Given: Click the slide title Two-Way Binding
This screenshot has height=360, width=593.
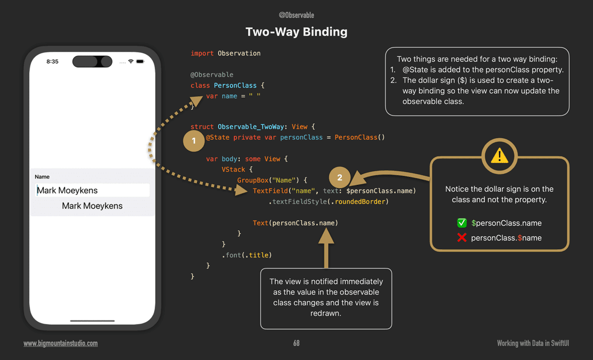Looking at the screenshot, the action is pyautogui.click(x=296, y=32).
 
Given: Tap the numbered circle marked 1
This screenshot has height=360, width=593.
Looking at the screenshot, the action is pyautogui.click(x=194, y=141).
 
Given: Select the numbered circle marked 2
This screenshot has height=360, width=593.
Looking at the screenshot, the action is pyautogui.click(x=339, y=178).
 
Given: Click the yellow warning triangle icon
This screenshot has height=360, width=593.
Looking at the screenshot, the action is pyautogui.click(x=500, y=156).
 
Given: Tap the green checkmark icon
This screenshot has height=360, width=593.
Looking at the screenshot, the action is pyautogui.click(x=462, y=223).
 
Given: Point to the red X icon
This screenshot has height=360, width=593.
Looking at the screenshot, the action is pyautogui.click(x=462, y=238).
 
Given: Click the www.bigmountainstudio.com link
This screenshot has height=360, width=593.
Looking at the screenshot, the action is pyautogui.click(x=61, y=343).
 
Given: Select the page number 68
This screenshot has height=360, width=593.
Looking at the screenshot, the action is pyautogui.click(x=296, y=343).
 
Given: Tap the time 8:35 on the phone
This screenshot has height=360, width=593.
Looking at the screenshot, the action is pyautogui.click(x=52, y=62).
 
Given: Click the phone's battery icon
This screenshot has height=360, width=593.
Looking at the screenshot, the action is pyautogui.click(x=140, y=62).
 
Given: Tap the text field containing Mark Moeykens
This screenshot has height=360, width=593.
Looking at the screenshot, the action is pyautogui.click(x=92, y=190).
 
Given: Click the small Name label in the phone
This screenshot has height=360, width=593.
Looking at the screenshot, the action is pyautogui.click(x=42, y=177).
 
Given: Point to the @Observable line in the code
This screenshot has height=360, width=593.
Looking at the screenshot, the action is pyautogui.click(x=212, y=75).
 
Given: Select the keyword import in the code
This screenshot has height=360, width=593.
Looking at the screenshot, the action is pyautogui.click(x=202, y=53).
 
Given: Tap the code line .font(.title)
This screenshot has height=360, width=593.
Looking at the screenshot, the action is pyautogui.click(x=247, y=255).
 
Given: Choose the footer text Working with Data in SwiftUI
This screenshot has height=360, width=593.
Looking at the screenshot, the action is pyautogui.click(x=533, y=343).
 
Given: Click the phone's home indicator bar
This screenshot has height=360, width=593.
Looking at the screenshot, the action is pyautogui.click(x=92, y=321).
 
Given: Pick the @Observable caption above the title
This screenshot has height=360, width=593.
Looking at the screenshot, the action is pyautogui.click(x=296, y=15).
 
